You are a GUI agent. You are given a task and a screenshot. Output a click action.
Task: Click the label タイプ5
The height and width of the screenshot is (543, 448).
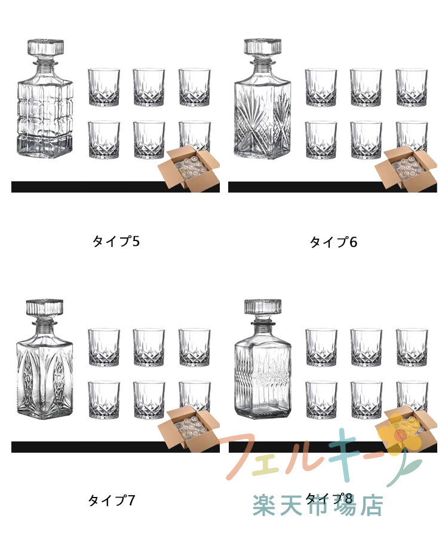click(x=116, y=242)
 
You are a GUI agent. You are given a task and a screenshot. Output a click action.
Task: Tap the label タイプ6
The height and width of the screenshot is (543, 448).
click(x=333, y=242)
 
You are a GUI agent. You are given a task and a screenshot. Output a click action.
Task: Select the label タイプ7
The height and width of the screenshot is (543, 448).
click(x=111, y=501)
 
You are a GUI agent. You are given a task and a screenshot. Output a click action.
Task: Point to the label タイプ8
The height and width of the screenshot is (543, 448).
click(x=329, y=499)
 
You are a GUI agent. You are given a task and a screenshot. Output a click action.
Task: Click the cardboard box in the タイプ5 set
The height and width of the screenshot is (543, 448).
click(x=189, y=168)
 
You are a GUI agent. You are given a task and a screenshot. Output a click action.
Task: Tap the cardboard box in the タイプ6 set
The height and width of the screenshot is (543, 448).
click(x=406, y=169)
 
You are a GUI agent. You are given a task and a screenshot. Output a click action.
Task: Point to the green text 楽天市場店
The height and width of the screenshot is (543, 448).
click(x=318, y=505)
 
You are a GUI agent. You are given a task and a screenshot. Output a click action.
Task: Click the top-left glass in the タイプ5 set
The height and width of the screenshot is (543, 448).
click(x=104, y=87)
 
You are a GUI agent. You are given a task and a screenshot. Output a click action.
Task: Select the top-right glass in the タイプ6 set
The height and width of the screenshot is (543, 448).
click(x=412, y=87)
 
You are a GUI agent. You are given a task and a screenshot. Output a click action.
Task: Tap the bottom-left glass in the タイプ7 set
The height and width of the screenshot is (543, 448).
click(x=104, y=400)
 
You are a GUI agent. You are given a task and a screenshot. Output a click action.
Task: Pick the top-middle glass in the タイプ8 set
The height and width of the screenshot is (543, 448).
click(x=366, y=347)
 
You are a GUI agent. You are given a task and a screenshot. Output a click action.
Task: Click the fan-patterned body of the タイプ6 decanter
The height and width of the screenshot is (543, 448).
click(x=263, y=118)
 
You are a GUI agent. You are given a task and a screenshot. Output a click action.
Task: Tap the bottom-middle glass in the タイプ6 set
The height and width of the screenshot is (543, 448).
click(x=366, y=140)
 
